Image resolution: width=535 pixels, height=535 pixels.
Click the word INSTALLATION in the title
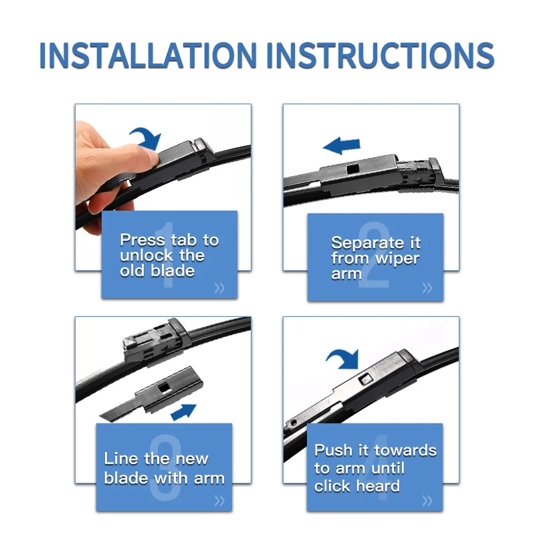[148, 56]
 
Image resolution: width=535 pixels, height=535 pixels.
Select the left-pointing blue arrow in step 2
[342, 145]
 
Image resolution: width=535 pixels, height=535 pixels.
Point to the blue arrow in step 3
[183, 411]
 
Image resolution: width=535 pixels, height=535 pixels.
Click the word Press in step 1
[142, 240]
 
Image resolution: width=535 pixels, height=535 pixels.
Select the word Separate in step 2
[363, 243]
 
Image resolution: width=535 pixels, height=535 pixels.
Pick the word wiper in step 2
[397, 259]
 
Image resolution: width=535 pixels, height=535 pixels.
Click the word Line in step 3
[122, 459]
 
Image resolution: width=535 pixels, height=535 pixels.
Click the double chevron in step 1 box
[220, 288]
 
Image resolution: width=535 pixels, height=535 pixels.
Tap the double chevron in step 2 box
[427, 288]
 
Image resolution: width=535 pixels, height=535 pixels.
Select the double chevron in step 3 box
[220, 500]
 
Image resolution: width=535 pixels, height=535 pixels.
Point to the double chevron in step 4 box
[427, 500]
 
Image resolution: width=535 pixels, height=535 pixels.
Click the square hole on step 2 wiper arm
[352, 169]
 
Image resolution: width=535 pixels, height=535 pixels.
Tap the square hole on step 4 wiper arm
[366, 379]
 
